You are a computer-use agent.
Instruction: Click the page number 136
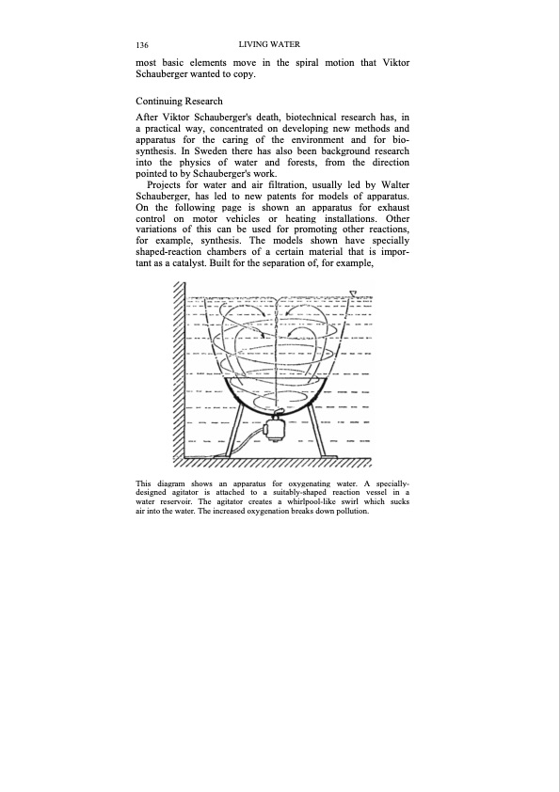[144, 45]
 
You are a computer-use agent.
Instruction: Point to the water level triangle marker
[352, 294]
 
